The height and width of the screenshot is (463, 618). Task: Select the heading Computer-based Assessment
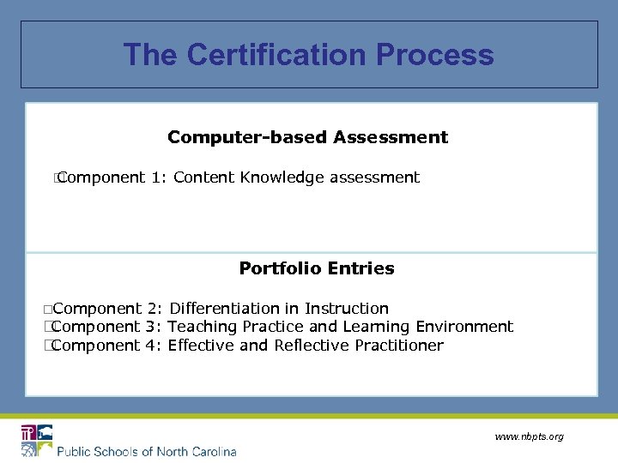(307, 137)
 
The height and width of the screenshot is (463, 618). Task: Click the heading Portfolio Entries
(317, 268)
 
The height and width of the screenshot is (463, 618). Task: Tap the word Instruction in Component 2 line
(347, 309)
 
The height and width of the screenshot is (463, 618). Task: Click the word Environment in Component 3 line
(464, 327)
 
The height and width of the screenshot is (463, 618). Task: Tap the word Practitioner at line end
(400, 346)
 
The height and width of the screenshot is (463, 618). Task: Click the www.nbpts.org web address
(529, 437)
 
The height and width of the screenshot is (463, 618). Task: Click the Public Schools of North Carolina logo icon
(37, 440)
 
